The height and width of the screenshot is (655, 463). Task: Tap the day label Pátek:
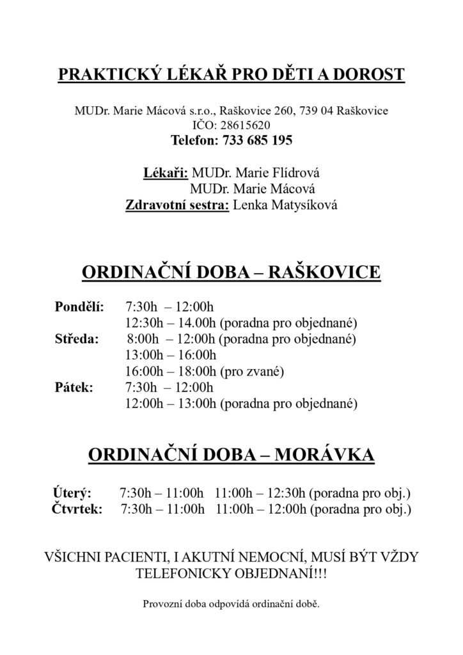pyautogui.click(x=74, y=387)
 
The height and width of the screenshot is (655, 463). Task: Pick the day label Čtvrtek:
pyautogui.click(x=75, y=510)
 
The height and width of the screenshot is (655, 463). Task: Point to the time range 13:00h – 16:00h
pyautogui.click(x=172, y=355)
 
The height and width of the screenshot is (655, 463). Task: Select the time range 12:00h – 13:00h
pyautogui.click(x=172, y=404)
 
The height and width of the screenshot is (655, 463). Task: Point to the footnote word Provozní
pyautogui.click(x=164, y=603)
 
